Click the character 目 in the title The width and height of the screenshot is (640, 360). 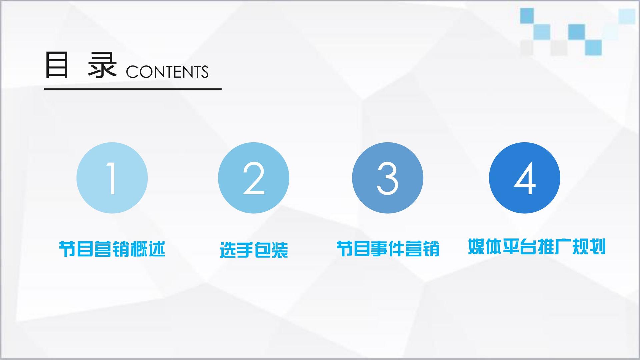(x=57, y=65)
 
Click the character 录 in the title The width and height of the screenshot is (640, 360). (x=102, y=65)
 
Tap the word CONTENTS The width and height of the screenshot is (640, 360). (x=167, y=72)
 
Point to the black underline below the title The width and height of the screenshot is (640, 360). (x=133, y=89)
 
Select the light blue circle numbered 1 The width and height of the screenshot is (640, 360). (x=112, y=178)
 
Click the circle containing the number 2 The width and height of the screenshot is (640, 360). (x=253, y=178)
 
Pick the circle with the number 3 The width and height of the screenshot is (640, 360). (x=388, y=178)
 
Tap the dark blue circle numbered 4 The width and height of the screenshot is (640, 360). (x=525, y=178)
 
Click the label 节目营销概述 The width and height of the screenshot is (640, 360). (x=112, y=249)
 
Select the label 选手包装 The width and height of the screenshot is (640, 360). (x=254, y=250)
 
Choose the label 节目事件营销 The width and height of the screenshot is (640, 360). (x=388, y=249)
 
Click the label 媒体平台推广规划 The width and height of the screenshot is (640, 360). (x=537, y=247)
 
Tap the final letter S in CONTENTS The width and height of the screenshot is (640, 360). (x=204, y=72)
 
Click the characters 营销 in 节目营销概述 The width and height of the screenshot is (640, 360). (x=112, y=249)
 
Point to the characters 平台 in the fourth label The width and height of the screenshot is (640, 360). (x=519, y=247)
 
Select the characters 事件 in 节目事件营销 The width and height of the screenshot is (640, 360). (x=388, y=249)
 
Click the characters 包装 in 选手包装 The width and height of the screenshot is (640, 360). (x=271, y=250)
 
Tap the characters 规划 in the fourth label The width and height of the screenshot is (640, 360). (x=589, y=247)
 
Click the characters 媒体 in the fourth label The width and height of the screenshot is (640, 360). (x=485, y=247)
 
